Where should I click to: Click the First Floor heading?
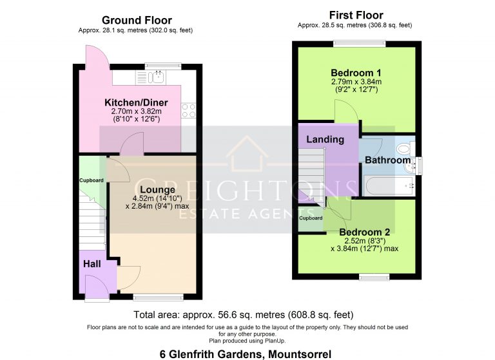[356, 15]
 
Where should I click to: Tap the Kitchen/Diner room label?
[136, 102]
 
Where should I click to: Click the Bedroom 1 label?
[356, 72]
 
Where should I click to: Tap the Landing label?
[325, 139]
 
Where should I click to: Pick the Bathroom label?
[387, 160]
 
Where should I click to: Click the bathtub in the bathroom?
[387, 187]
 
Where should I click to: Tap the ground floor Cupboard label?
[92, 180]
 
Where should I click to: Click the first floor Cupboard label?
[311, 218]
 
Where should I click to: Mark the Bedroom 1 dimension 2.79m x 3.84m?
[356, 82]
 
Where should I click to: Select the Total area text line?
[244, 315]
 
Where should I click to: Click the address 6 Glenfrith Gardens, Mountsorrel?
[245, 354]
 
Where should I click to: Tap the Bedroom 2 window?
[370, 277]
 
